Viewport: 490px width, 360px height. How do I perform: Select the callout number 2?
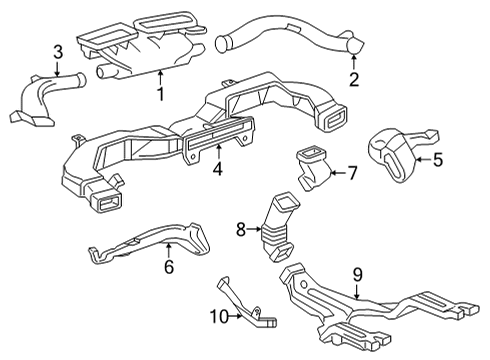click(353, 80)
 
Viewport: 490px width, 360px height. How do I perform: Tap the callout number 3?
click(58, 52)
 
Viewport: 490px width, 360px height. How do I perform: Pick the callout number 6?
click(168, 267)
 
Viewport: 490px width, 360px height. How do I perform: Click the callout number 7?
click(351, 173)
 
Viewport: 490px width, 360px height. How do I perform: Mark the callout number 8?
click(241, 229)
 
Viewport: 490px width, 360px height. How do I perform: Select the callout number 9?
click(358, 273)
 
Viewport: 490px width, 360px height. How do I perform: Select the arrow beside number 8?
click(256, 229)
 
